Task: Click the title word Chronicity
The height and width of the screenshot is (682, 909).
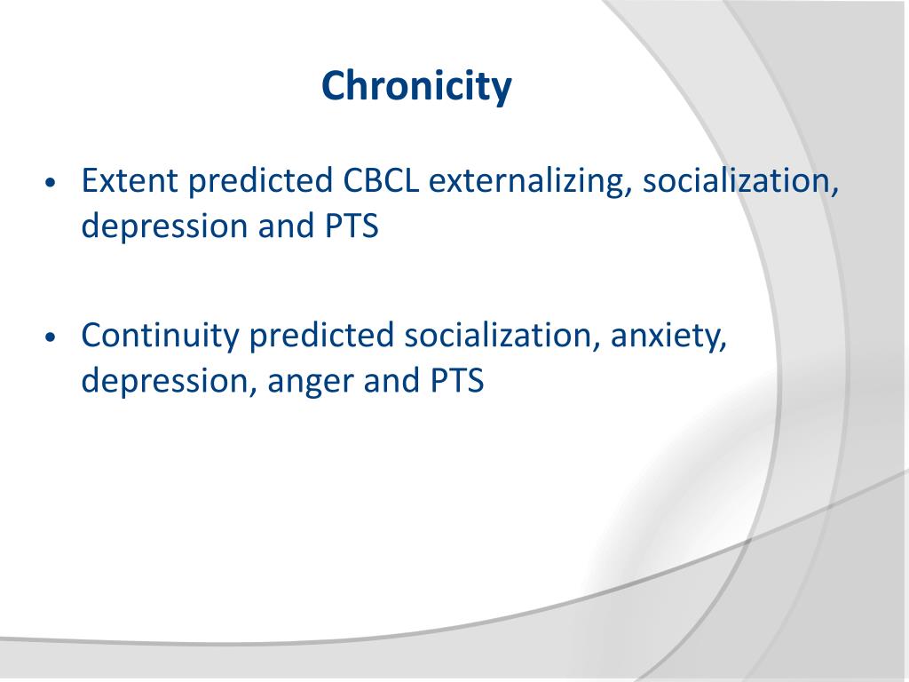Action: pyautogui.click(x=417, y=87)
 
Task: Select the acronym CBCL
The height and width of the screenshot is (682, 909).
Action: pyautogui.click(x=381, y=180)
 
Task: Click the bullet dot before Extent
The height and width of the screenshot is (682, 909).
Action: pyautogui.click(x=51, y=183)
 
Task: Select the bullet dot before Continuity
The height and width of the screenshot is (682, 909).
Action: pyautogui.click(x=51, y=337)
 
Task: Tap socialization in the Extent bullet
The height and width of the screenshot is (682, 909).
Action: pyautogui.click(x=740, y=181)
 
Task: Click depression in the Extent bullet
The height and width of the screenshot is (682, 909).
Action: pyautogui.click(x=164, y=227)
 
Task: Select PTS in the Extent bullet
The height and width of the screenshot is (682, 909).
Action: pyautogui.click(x=352, y=226)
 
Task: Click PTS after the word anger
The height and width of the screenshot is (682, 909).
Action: pyautogui.click(x=457, y=382)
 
